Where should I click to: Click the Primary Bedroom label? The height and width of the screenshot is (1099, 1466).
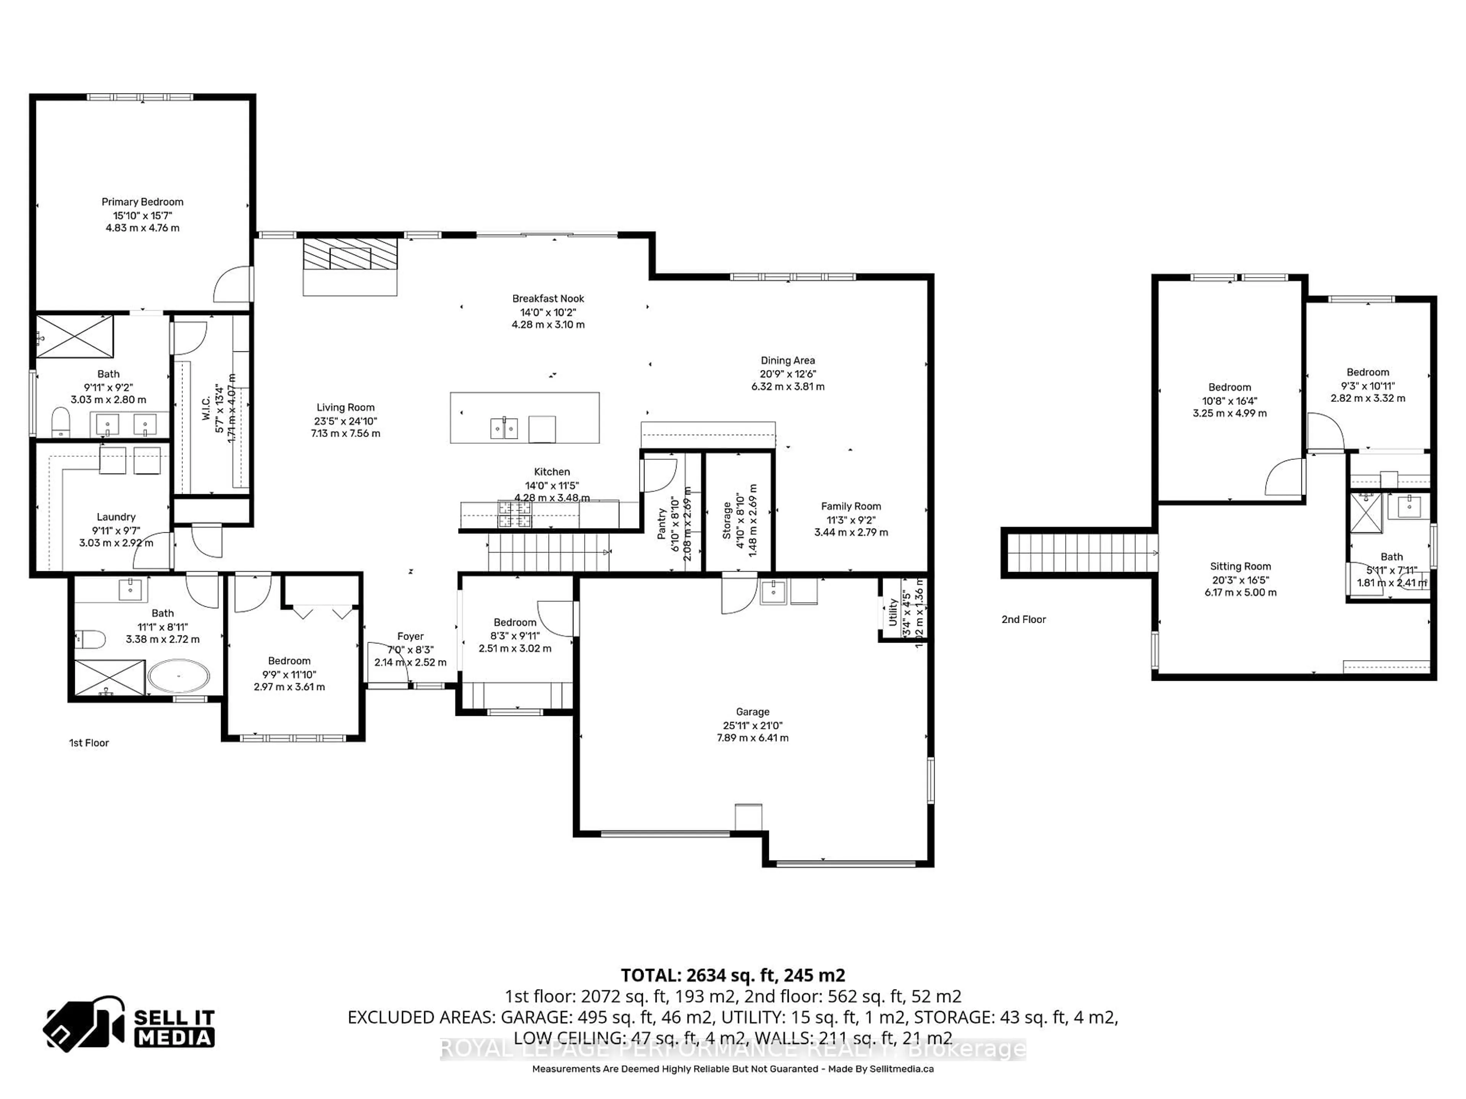pyautogui.click(x=142, y=202)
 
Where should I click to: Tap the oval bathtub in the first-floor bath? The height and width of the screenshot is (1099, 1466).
pyautogui.click(x=178, y=676)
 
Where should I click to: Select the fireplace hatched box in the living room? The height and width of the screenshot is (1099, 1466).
pyautogui.click(x=350, y=255)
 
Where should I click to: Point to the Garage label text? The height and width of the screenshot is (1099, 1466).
pyautogui.click(x=752, y=712)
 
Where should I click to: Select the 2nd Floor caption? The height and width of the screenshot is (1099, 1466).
pyautogui.click(x=1023, y=619)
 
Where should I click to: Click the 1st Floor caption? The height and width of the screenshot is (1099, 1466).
pyautogui.click(x=89, y=743)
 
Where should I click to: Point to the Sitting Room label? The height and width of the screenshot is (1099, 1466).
pyautogui.click(x=1240, y=566)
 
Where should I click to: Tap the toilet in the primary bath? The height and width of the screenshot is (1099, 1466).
pyautogui.click(x=60, y=422)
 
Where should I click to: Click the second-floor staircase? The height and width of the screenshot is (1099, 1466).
pyautogui.click(x=1080, y=553)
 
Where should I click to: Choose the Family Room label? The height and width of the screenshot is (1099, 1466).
pyautogui.click(x=851, y=506)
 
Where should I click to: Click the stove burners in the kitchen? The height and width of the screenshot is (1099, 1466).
pyautogui.click(x=515, y=514)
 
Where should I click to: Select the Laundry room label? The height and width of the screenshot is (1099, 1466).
pyautogui.click(x=116, y=517)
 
